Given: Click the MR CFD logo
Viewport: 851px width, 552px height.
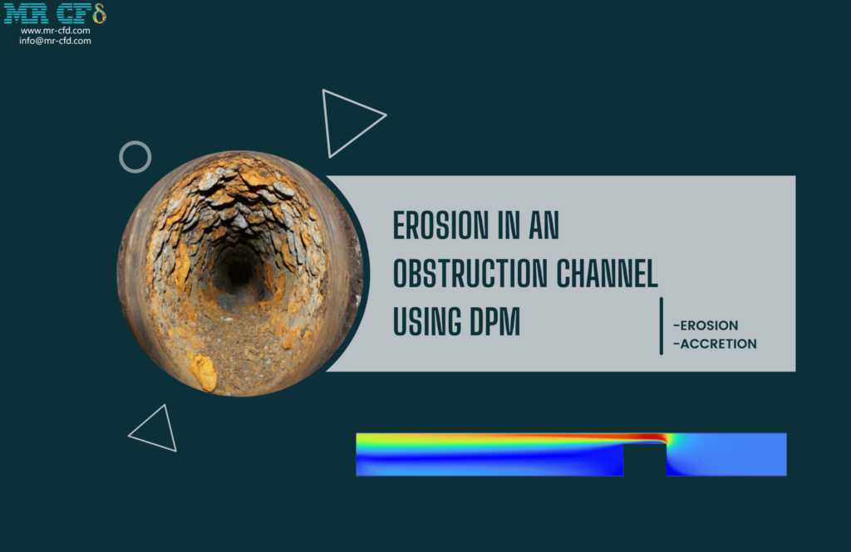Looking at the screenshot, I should pyautogui.click(x=55, y=14).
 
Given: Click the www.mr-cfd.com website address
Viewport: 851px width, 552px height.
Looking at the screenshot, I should pyautogui.click(x=55, y=31).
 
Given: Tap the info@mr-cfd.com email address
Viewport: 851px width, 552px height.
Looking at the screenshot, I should pyautogui.click(x=55, y=41).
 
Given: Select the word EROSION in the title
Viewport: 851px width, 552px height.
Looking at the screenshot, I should pyautogui.click(x=440, y=226).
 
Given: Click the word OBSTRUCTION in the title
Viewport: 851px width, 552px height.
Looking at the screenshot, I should pyautogui.click(x=483, y=273).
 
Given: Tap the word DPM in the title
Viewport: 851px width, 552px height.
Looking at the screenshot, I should pyautogui.click(x=494, y=321).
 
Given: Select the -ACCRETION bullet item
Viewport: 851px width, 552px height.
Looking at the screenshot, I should pyautogui.click(x=715, y=344).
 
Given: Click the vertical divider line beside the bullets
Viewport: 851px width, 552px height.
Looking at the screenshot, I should pyautogui.click(x=662, y=325).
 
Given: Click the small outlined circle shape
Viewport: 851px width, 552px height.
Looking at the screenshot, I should pyautogui.click(x=135, y=157).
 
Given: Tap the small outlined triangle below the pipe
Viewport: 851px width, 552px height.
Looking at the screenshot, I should pyautogui.click(x=156, y=430).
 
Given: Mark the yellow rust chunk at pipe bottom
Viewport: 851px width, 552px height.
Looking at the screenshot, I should pyautogui.click(x=203, y=373).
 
